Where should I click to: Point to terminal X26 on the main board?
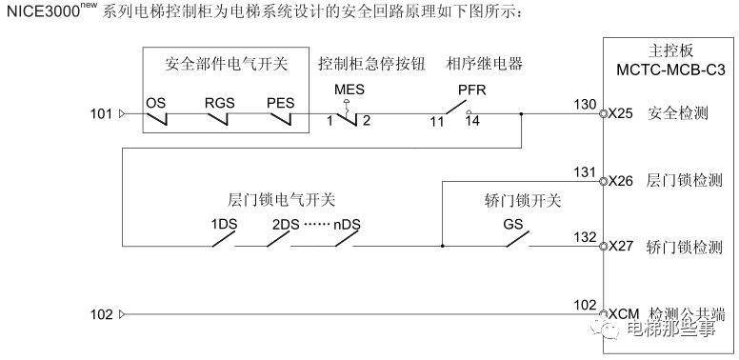pos(619,180)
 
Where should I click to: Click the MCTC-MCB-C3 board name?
pos(665,68)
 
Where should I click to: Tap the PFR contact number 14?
pos(472,122)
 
